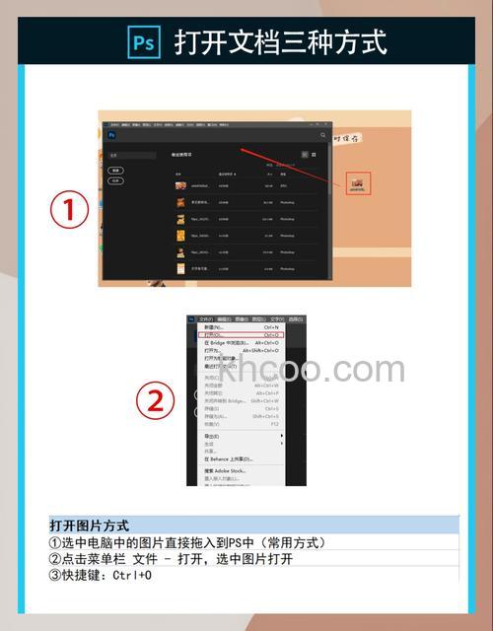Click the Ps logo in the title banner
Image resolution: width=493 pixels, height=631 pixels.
[143, 42]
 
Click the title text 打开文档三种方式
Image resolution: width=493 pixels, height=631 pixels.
[280, 42]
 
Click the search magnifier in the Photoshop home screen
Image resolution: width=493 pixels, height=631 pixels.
[322, 135]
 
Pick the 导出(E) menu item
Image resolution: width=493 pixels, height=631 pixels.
[212, 435]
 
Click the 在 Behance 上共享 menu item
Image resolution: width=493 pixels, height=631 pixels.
[228, 458]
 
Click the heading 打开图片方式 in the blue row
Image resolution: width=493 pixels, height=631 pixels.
[89, 526]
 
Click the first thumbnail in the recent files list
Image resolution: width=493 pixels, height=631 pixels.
[181, 185]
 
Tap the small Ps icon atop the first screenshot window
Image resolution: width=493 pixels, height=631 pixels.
[111, 135]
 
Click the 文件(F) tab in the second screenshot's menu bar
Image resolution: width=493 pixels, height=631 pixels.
[205, 318]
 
